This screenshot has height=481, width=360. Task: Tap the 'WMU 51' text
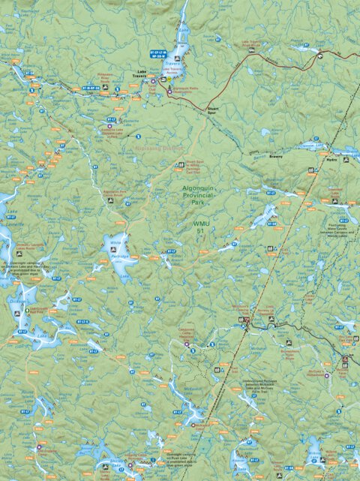(198, 227)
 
